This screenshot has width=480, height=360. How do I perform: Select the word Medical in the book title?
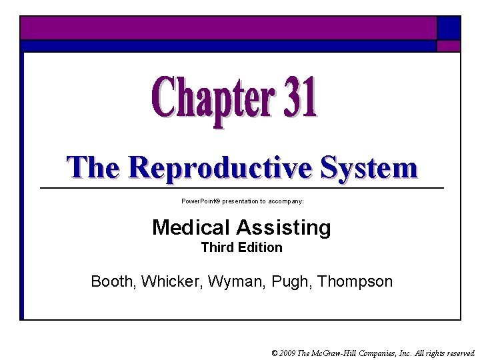tap(191, 227)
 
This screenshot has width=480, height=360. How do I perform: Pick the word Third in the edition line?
tap(217, 247)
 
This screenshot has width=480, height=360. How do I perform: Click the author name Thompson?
tap(355, 281)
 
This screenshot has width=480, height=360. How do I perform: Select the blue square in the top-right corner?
tap(449, 27)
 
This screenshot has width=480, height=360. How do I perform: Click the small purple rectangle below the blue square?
tap(449, 46)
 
